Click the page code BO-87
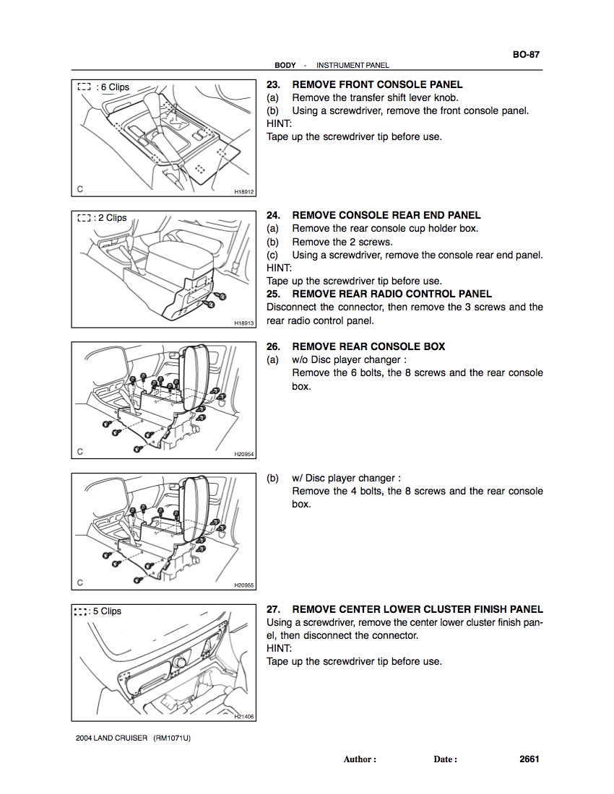(527, 54)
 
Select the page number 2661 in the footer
(529, 759)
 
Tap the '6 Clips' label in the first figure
(114, 87)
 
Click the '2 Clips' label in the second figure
(112, 218)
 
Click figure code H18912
(245, 192)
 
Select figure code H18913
(245, 323)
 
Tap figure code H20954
(245, 455)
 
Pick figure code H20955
(245, 586)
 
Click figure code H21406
(245, 717)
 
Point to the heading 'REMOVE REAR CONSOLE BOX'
(368, 346)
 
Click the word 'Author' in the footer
(358, 759)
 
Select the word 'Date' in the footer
(444, 759)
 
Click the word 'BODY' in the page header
(285, 66)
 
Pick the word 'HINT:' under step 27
(279, 648)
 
